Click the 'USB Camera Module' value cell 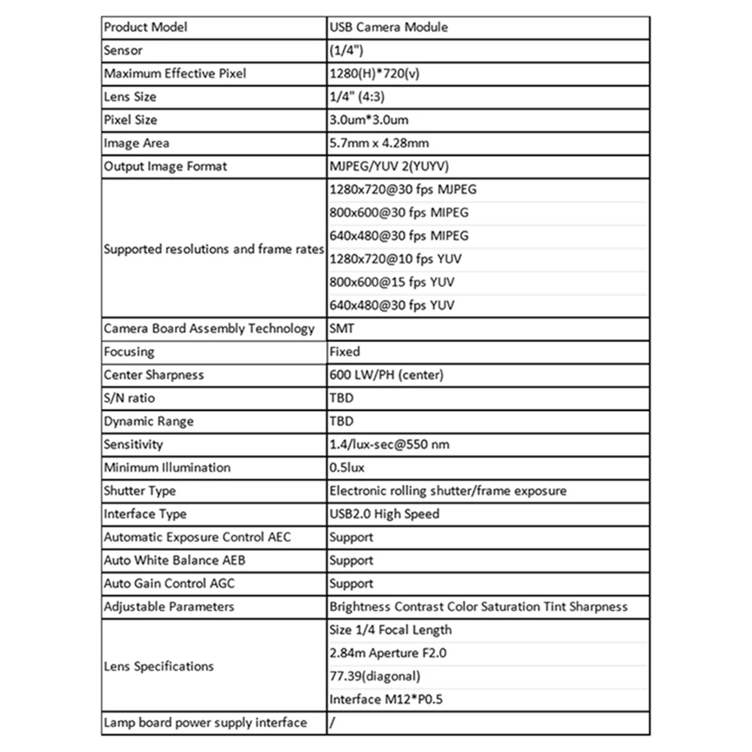(x=389, y=28)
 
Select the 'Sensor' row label (x=123, y=51)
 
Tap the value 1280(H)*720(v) (x=375, y=74)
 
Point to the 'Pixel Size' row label (x=130, y=120)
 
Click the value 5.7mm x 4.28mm (x=379, y=144)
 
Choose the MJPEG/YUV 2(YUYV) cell (x=389, y=167)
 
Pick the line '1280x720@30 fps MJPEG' (x=403, y=190)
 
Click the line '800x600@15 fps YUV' (x=392, y=283)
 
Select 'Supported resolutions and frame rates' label (x=214, y=249)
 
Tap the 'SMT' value (x=342, y=329)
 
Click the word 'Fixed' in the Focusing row (x=345, y=352)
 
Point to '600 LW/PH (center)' (x=387, y=375)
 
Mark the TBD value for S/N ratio (x=342, y=399)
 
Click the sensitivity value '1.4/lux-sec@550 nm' (x=389, y=445)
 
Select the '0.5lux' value (x=347, y=468)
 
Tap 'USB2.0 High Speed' (x=384, y=514)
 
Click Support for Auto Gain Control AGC (x=351, y=584)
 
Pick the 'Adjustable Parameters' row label (x=169, y=607)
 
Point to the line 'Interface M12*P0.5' (x=386, y=700)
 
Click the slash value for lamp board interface (x=332, y=723)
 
